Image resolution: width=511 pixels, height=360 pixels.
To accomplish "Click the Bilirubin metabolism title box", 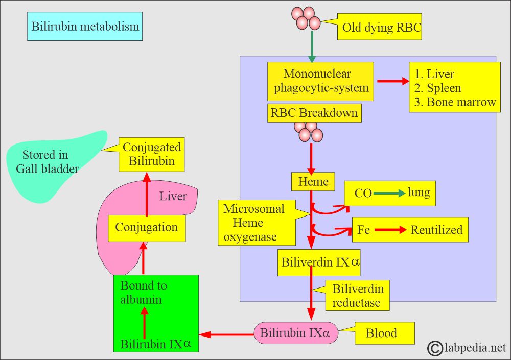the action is coord(85,27).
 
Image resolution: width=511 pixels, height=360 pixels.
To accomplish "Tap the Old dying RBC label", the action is coord(379,27).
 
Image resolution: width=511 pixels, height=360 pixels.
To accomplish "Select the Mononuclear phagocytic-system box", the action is coord(320,81).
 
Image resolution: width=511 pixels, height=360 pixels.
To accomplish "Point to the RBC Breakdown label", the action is coord(314,113).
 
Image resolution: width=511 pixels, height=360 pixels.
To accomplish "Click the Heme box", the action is coord(313,181).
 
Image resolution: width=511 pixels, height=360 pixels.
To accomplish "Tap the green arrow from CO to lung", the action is coord(389,194).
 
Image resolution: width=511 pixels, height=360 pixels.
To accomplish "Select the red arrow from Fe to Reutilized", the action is coord(390,230).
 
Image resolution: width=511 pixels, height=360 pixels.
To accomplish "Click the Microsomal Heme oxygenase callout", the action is coord(257,223).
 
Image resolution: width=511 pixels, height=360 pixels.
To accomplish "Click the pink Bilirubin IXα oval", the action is coord(296,333).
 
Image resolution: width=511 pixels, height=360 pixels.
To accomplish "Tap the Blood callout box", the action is coord(385,333).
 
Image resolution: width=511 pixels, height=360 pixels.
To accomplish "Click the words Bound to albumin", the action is coord(144,292).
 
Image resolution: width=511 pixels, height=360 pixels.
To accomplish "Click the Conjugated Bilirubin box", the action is coord(152,154).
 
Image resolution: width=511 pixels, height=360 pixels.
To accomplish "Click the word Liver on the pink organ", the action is coord(173,196).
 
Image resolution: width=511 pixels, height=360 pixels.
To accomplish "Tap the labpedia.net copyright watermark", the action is coord(467,348).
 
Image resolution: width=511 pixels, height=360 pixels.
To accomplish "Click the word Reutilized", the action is coord(436,230).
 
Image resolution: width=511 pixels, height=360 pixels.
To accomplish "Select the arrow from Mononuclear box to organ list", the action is coord(393,81).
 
